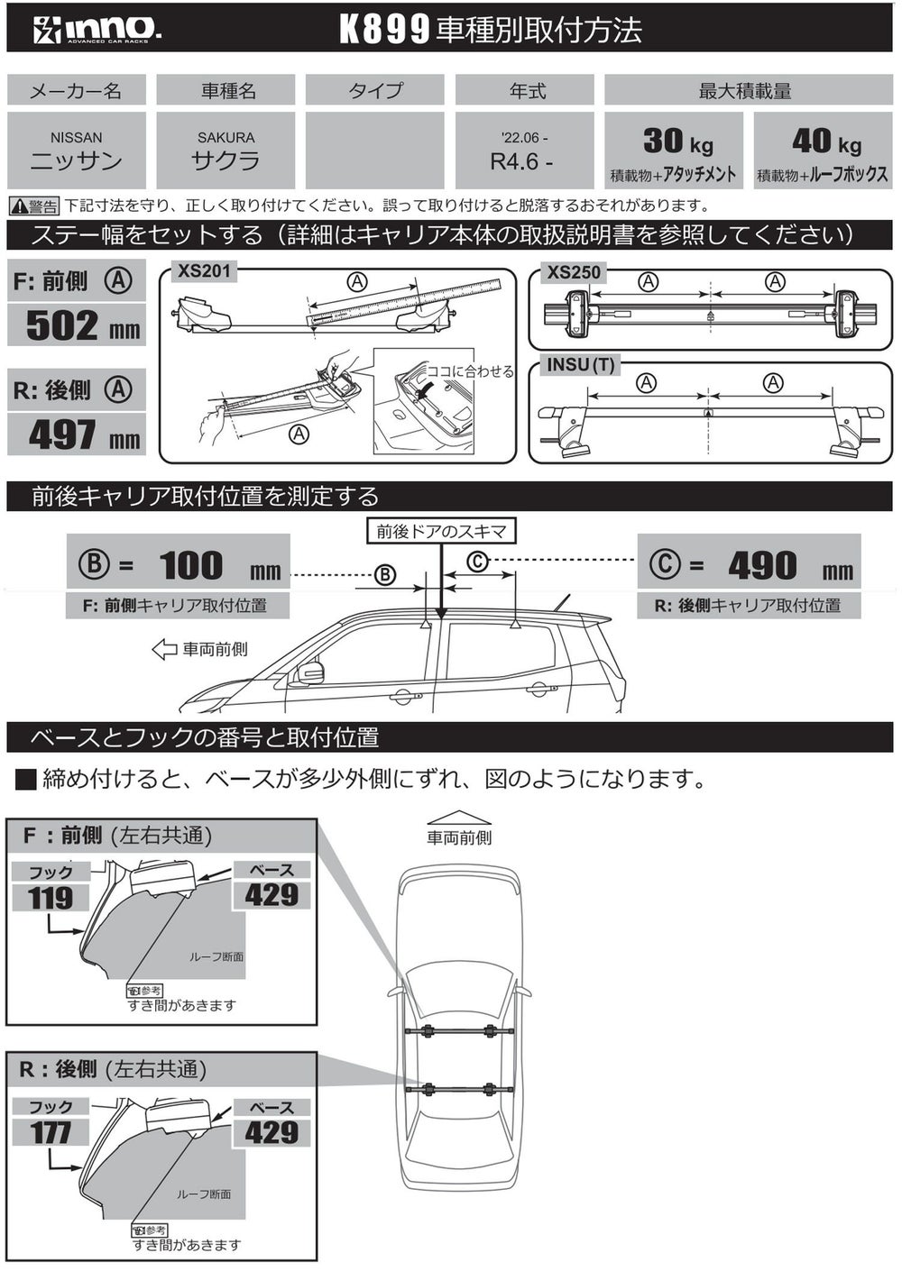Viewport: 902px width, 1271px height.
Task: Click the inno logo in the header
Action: coord(97,30)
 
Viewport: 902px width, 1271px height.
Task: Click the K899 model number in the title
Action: coord(383,30)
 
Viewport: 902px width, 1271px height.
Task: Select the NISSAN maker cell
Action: coord(76,151)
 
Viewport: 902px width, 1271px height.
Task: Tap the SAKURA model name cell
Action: coord(225,151)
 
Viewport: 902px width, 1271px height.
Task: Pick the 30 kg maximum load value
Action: coord(677,142)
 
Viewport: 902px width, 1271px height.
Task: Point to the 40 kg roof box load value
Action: coord(826,142)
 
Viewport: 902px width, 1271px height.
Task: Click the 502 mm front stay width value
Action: coord(83,325)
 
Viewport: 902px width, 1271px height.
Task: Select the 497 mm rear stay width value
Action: coord(84,434)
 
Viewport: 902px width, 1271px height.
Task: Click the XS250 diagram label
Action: coord(574,273)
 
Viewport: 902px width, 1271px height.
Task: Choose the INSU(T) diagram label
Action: coord(580,365)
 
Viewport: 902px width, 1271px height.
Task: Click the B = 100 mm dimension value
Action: coord(179,565)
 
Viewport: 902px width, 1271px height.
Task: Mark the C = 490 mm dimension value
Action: coord(750,565)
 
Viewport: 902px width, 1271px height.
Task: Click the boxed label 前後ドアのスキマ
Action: coord(441,532)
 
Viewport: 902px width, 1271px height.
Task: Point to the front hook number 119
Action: coord(50,898)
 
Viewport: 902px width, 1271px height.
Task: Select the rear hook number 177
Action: coord(50,1133)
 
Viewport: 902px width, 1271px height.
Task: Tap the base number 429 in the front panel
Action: coord(272,895)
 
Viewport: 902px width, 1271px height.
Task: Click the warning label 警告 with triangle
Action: coord(34,206)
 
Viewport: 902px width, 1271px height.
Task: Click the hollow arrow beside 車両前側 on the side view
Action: coord(164,650)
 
